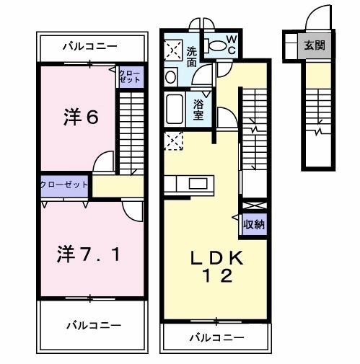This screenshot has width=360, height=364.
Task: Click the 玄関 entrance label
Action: [315, 45]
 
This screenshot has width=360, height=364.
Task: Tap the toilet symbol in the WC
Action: [216, 45]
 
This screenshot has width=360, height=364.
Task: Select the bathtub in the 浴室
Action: [174, 109]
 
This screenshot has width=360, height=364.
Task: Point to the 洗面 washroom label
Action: [192, 57]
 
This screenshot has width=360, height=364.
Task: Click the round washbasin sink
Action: [170, 76]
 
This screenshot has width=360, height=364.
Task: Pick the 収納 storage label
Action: [254, 224]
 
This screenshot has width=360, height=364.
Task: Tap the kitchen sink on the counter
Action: [198, 184]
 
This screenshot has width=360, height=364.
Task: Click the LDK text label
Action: [216, 258]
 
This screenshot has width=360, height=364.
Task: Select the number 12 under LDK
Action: [218, 276]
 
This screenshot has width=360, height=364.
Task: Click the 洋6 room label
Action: [81, 117]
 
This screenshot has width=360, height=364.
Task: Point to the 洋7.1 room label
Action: [88, 254]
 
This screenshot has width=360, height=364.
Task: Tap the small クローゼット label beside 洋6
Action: [130, 76]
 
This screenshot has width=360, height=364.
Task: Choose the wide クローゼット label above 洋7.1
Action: [64, 185]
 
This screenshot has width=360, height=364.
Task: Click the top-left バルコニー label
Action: [90, 46]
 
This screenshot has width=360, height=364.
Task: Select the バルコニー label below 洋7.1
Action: [94, 326]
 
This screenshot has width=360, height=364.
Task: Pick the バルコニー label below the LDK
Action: [217, 337]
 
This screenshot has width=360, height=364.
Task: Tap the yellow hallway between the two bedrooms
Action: [118, 187]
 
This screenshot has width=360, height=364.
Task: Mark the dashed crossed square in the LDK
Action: [173, 141]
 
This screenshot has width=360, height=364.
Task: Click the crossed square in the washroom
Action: [173, 51]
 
